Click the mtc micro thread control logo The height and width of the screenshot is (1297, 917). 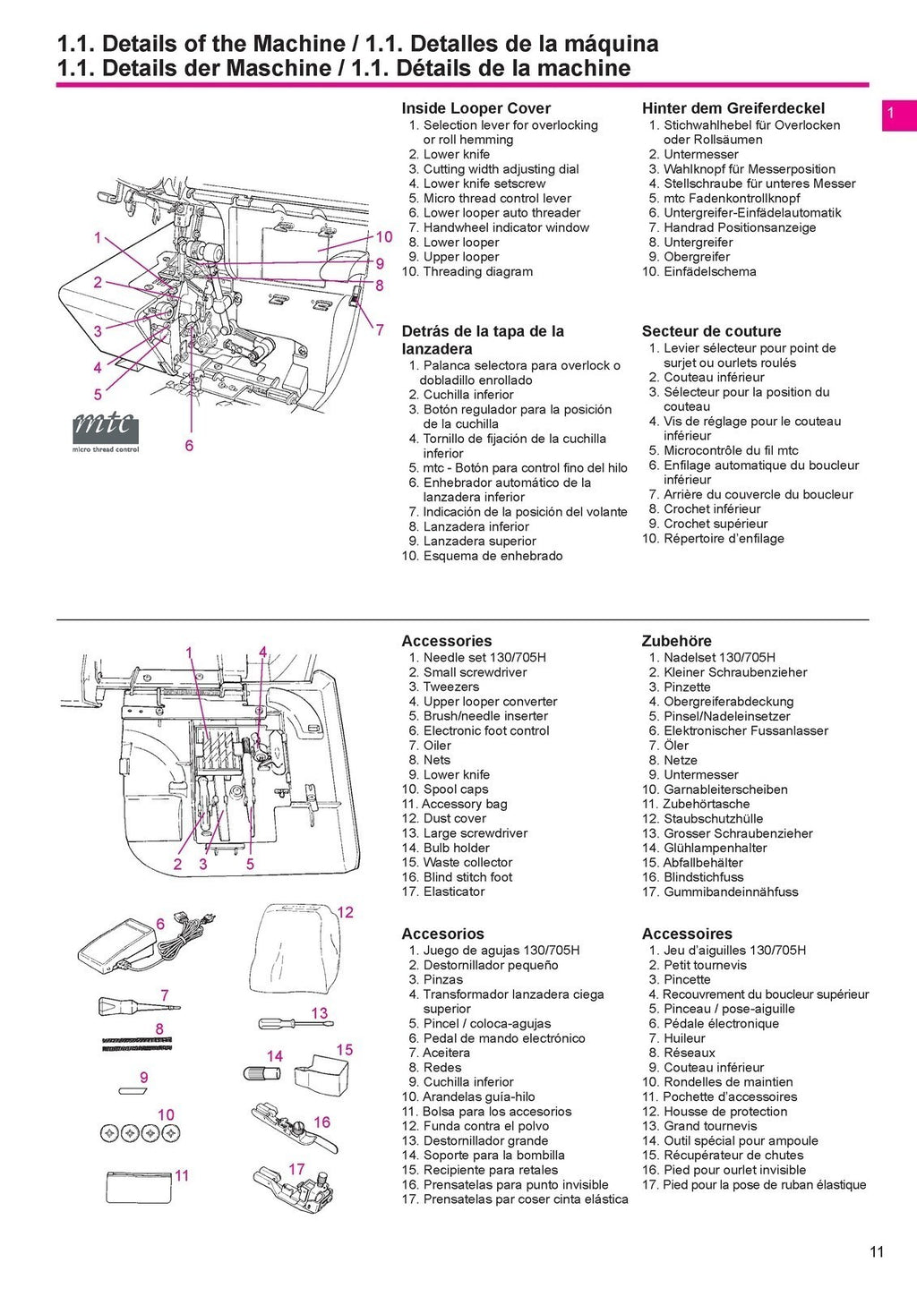(106, 431)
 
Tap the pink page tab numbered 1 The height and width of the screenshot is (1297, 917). (898, 115)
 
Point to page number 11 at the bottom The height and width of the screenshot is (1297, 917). (877, 1251)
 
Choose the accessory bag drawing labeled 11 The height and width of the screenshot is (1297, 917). (138, 1187)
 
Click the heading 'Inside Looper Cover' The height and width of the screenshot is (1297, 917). (476, 108)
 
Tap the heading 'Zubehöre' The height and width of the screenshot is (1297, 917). (676, 641)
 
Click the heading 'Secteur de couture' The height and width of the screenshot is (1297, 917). (711, 331)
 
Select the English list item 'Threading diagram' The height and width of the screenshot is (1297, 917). (477, 271)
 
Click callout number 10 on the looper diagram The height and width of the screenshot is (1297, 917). (383, 237)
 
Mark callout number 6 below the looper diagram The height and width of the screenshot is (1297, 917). (189, 445)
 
